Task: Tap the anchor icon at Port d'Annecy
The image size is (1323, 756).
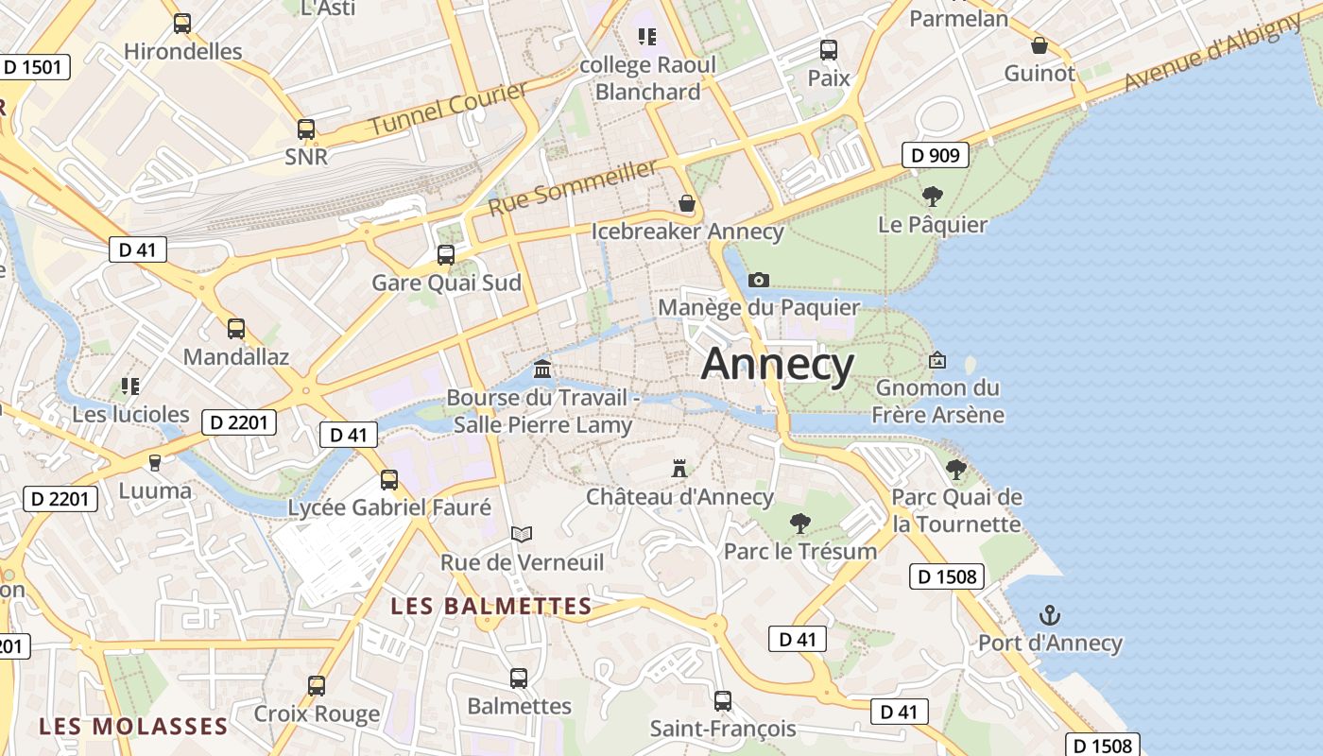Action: [x=1049, y=616]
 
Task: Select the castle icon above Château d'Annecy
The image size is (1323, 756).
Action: [x=679, y=468]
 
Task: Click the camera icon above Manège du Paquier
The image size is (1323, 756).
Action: [x=758, y=280]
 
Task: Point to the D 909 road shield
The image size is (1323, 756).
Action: [x=935, y=154]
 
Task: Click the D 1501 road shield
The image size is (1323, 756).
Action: [x=34, y=66]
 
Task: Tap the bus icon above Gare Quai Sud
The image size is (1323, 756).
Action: [x=445, y=254]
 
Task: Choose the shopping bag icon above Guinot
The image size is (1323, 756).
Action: [x=1039, y=45]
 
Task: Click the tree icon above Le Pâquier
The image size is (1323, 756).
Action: [x=933, y=197]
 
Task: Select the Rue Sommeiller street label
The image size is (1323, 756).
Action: [x=573, y=186]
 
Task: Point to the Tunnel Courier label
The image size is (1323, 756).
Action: [x=448, y=109]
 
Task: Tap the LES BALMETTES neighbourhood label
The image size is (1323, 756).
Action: [x=491, y=606]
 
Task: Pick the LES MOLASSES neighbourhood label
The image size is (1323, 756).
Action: [x=133, y=726]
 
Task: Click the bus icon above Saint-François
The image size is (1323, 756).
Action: [x=723, y=700]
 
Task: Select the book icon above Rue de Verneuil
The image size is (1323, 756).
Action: [x=522, y=534]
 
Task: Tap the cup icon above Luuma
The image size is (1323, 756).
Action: [x=155, y=462]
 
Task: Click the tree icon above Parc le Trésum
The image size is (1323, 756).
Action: [x=800, y=522]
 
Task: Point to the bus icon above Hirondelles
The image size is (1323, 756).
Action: [x=182, y=23]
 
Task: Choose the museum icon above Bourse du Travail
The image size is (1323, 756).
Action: [x=542, y=369]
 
